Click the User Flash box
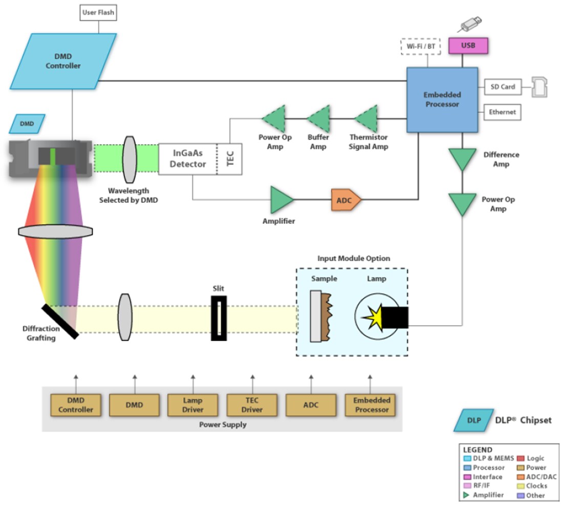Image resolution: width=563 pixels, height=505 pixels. (98, 12)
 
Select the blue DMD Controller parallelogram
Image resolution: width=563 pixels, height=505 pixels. (64, 60)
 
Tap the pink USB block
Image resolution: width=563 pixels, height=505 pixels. (468, 45)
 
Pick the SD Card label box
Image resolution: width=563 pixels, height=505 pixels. (502, 87)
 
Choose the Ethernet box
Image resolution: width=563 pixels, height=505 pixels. (502, 112)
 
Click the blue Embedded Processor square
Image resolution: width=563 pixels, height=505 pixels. (442, 99)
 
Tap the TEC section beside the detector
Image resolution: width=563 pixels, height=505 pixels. (229, 159)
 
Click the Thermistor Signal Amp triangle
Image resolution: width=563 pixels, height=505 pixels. (367, 119)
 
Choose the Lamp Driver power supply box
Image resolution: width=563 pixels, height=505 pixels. (193, 405)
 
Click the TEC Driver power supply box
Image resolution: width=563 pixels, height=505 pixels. (252, 405)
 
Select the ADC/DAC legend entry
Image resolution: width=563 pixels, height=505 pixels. (536, 476)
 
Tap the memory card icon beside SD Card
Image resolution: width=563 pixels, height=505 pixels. (539, 87)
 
